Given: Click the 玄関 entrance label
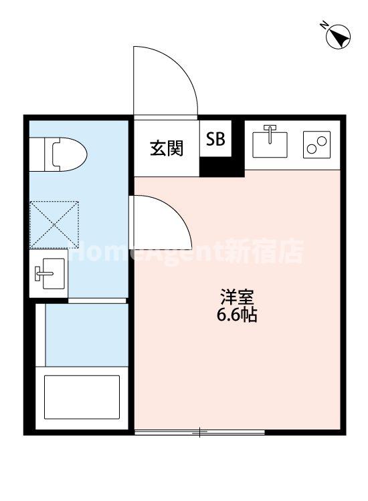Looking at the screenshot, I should (x=167, y=148).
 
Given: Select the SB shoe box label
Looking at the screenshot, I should (x=215, y=139).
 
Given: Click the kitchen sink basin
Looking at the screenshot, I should (x=270, y=143).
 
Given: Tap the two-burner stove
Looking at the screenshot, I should (x=316, y=144).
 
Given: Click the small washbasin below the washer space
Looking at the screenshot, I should (x=49, y=273).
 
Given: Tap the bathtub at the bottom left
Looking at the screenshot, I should (x=81, y=397).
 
